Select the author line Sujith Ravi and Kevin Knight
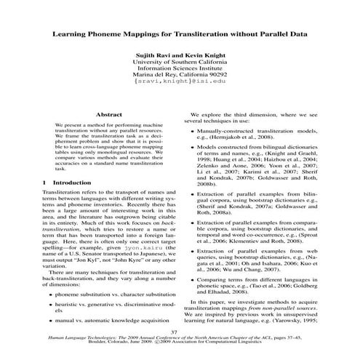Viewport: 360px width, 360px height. (180, 55)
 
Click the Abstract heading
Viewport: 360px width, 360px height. (109, 115)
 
